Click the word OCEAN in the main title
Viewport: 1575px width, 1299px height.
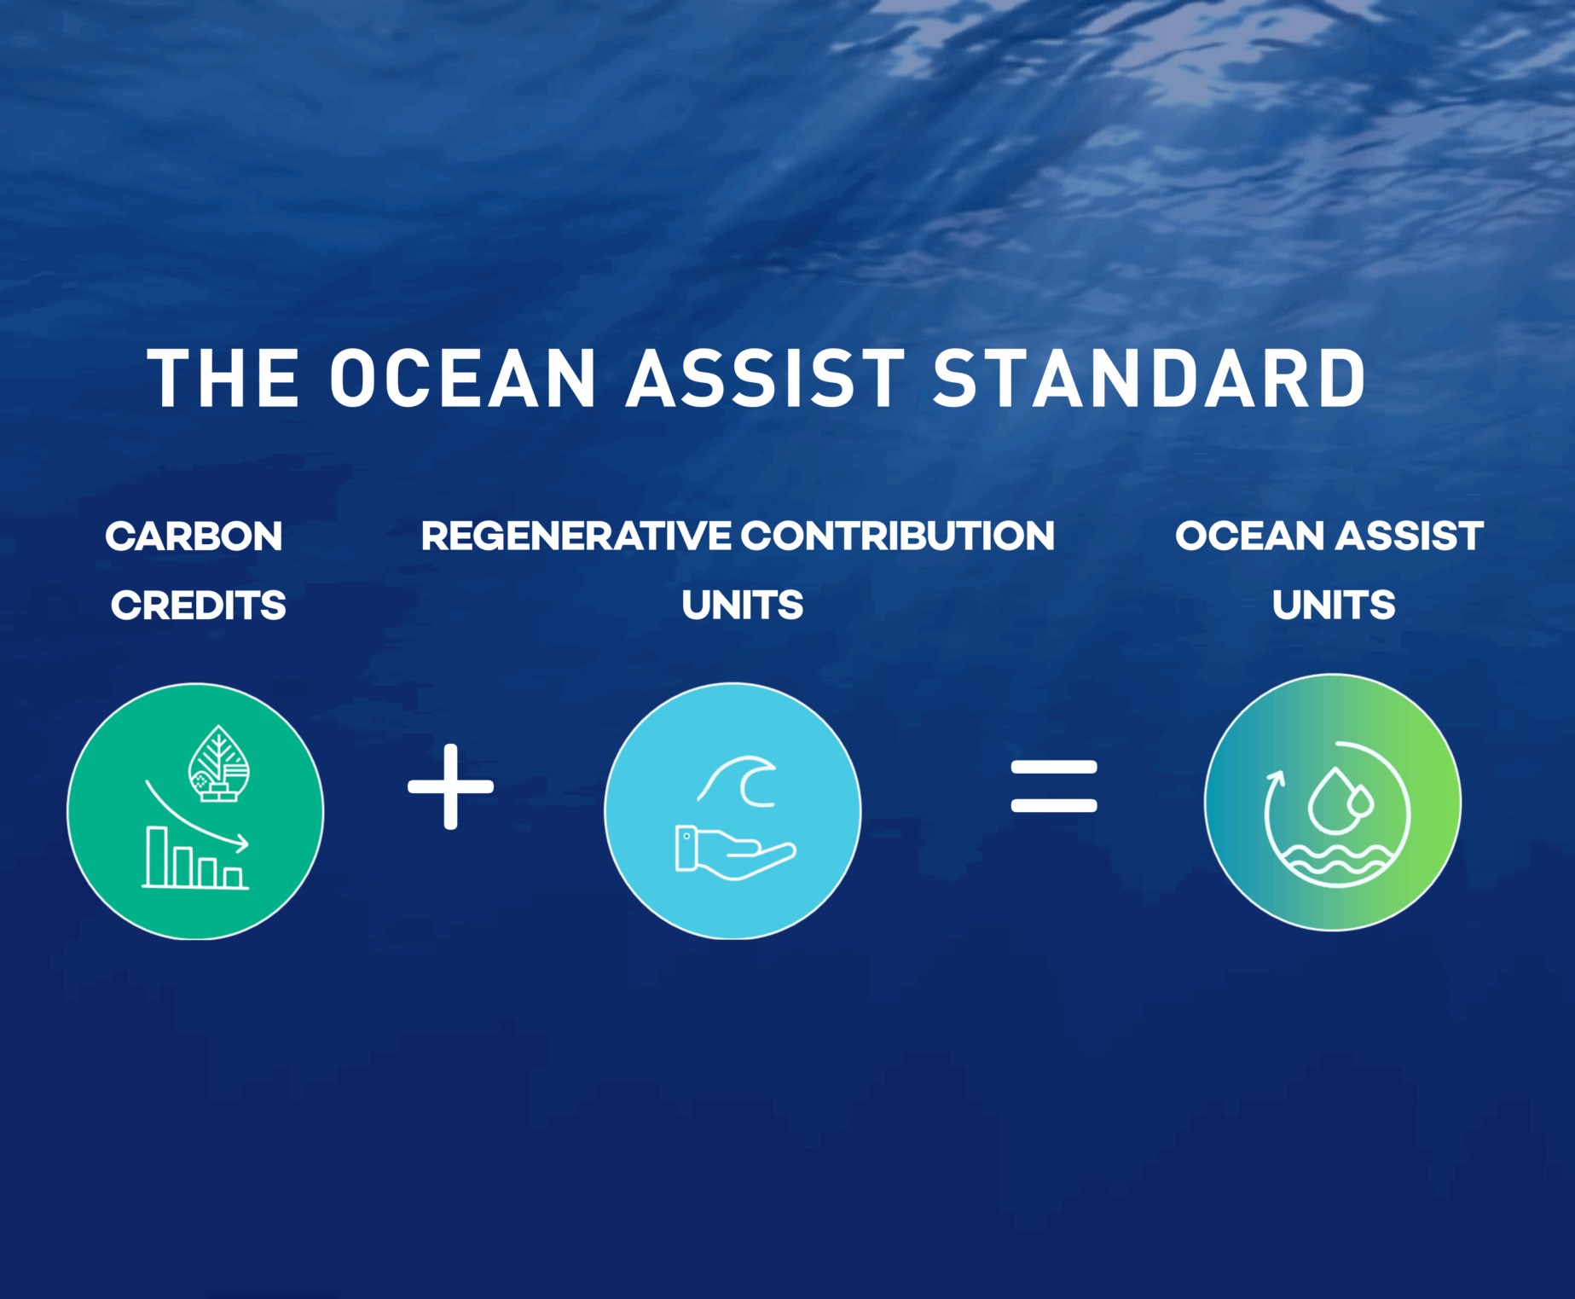pos(462,378)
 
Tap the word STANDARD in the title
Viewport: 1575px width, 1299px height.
pos(1149,378)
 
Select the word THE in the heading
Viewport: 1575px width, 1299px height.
pos(223,378)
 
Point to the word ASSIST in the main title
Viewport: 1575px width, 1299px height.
pos(765,378)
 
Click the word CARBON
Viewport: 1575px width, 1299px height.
pos(194,536)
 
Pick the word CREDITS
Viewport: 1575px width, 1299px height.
pos(199,606)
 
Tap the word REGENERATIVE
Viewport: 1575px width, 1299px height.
pos(576,536)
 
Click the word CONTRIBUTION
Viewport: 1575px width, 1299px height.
pos(898,536)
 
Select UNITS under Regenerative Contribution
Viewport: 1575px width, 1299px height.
pos(743,606)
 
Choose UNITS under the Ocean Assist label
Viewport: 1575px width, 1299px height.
pos(1334,606)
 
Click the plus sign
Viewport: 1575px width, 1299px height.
pos(451,786)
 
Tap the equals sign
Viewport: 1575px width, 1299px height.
pos(1054,786)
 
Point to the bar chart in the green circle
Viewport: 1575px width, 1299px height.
pos(195,858)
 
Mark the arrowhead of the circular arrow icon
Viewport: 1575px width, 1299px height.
pos(1276,778)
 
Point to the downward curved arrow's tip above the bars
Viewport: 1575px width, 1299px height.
pos(244,844)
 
